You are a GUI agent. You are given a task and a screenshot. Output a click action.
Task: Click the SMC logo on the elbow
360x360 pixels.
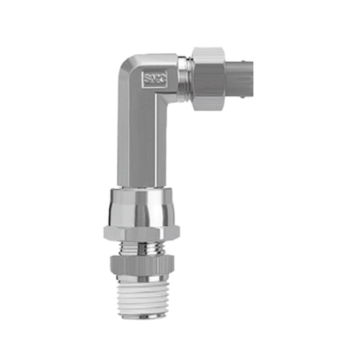tap(152, 79)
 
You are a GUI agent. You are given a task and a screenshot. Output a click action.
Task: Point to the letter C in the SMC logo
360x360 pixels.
tap(157, 79)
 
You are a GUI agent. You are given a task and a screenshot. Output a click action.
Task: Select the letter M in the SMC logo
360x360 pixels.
tap(152, 79)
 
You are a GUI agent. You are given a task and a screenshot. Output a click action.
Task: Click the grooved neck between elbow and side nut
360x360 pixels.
tap(182, 77)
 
